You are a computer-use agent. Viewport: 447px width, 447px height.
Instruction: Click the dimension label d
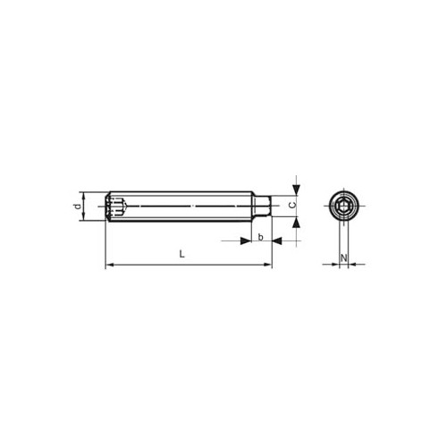tap(78, 207)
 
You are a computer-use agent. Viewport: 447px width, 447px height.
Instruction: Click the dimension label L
tap(182, 254)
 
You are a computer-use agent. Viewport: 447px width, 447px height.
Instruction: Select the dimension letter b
tap(261, 237)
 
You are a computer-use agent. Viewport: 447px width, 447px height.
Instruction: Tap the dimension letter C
tap(293, 205)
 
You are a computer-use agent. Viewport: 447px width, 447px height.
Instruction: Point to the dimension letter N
tap(343, 257)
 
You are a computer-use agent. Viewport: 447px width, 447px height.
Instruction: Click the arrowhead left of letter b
tap(246, 240)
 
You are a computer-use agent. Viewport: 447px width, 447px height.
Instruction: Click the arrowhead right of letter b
tap(277, 240)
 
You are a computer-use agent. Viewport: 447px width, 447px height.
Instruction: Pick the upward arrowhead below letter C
tap(297, 223)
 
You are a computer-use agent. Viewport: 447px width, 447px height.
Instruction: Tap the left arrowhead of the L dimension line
tap(109, 265)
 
